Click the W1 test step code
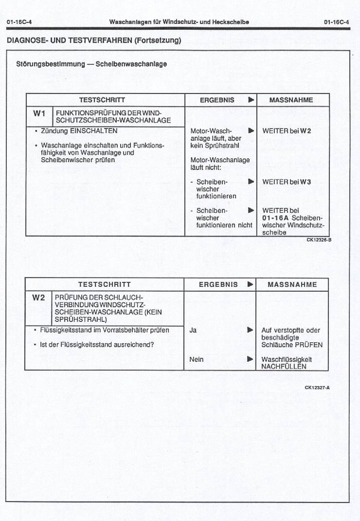39,113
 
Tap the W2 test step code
38,298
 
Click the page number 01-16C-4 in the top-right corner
337,22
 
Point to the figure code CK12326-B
319,240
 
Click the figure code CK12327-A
317,388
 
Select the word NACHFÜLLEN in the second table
284,367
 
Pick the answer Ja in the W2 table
193,330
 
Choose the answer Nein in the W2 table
197,359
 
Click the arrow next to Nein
250,359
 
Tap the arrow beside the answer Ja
250,330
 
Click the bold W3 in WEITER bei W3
305,182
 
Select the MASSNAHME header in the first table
291,100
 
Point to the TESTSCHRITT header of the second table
104,284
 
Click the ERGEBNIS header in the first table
217,100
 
